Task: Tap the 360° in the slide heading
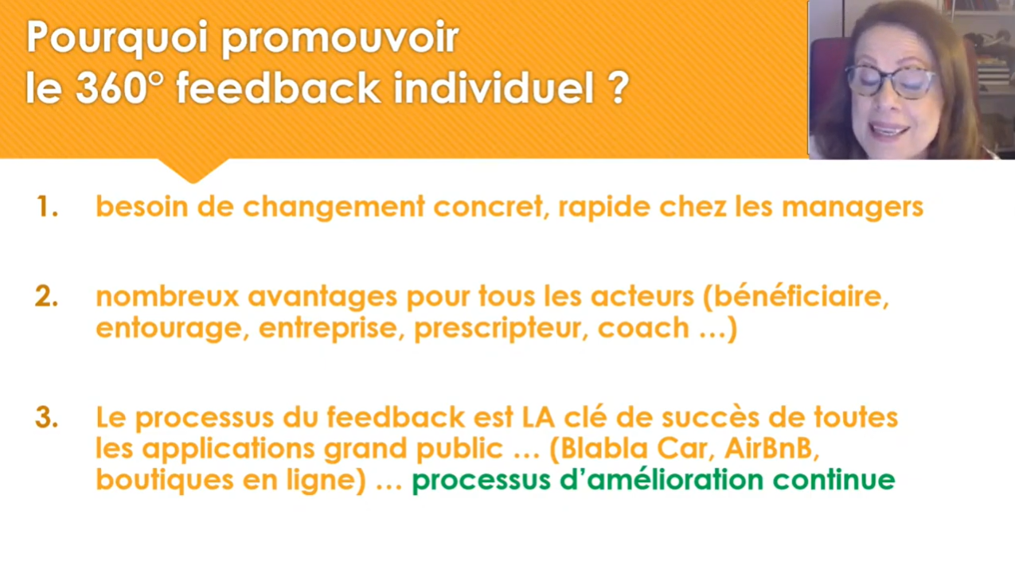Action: (x=119, y=88)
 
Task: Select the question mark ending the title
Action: (x=618, y=88)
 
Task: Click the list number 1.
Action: (x=47, y=207)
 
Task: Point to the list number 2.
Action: (x=47, y=297)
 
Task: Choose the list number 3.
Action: (x=47, y=417)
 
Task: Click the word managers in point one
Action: (x=853, y=209)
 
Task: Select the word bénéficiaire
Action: (x=796, y=296)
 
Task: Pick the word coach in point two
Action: (x=643, y=328)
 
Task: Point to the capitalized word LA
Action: (x=538, y=417)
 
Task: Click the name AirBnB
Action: (x=771, y=449)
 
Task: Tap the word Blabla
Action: (x=604, y=448)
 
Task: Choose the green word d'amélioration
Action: (x=662, y=479)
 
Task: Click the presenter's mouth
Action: (x=888, y=129)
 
